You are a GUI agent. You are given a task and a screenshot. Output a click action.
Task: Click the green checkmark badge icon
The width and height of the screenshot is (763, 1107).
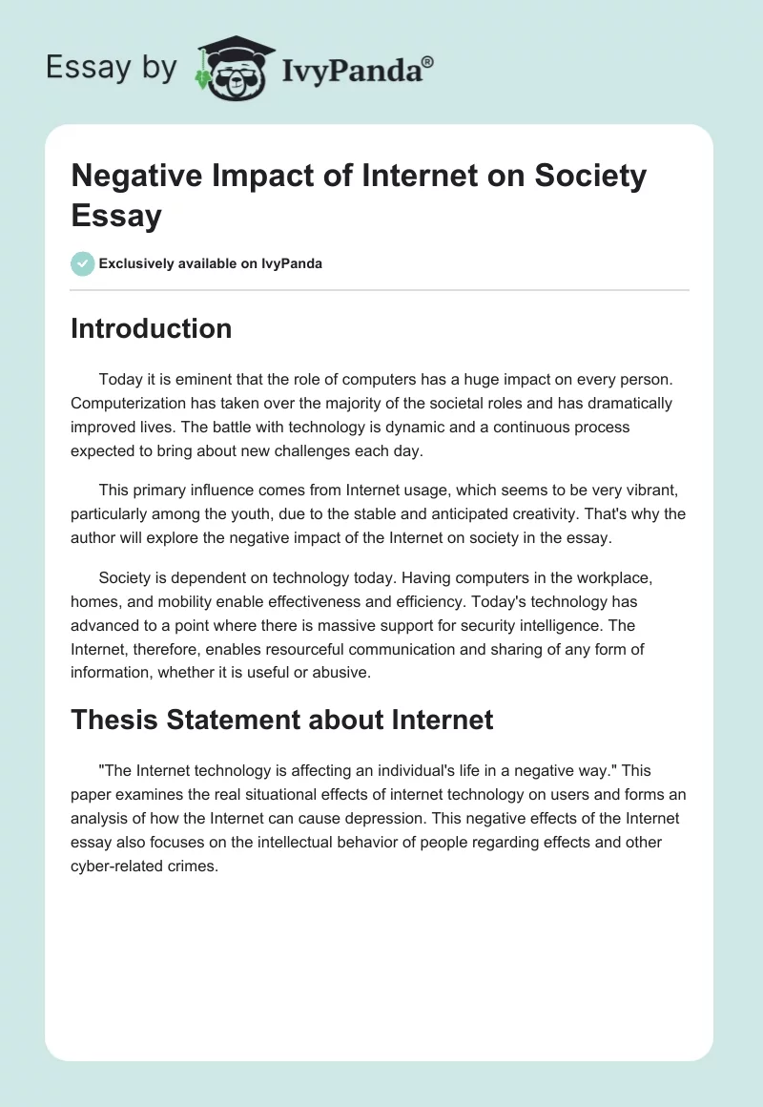pyautogui.click(x=83, y=263)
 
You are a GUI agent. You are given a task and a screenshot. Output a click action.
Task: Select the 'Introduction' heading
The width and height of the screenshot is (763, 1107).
pyautogui.click(x=151, y=328)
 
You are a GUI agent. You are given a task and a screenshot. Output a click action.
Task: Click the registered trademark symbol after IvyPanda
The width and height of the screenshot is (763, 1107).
pyautogui.click(x=428, y=61)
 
